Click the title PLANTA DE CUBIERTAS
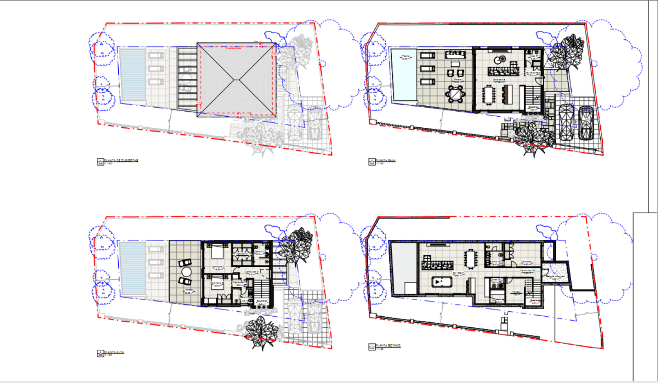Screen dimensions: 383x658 click(121, 161)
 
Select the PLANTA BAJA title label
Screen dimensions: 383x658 click(385, 161)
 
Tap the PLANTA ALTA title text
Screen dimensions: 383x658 click(114, 352)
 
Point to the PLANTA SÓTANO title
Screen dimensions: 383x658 click(388, 345)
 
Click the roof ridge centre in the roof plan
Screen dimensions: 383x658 click(236, 80)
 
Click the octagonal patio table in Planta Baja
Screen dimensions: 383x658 click(455, 94)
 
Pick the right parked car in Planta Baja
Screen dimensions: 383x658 click(586, 122)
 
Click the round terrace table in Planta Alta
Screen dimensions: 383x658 click(186, 272)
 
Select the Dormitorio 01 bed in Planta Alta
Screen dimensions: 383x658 click(217, 252)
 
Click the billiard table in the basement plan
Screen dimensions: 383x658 click(441, 282)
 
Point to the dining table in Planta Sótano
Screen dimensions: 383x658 click(471, 259)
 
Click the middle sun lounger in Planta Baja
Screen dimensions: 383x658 click(427, 68)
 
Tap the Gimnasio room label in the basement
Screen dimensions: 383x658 click(527, 262)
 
